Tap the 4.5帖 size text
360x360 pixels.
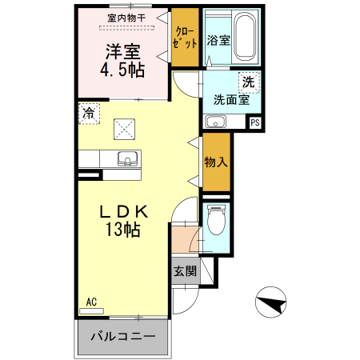tap(122, 70)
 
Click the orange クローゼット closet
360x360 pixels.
tap(185, 37)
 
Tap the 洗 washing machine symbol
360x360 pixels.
tap(249, 82)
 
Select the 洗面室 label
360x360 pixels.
tap(231, 100)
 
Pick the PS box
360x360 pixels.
tap(254, 122)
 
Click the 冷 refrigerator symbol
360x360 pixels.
tap(87, 113)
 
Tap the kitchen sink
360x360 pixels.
tap(126, 157)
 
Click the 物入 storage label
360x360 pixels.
tap(216, 162)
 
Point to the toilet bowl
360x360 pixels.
tap(216, 219)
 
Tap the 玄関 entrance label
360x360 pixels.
tap(185, 270)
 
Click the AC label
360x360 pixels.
tap(91, 302)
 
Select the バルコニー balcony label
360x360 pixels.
tap(122, 336)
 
